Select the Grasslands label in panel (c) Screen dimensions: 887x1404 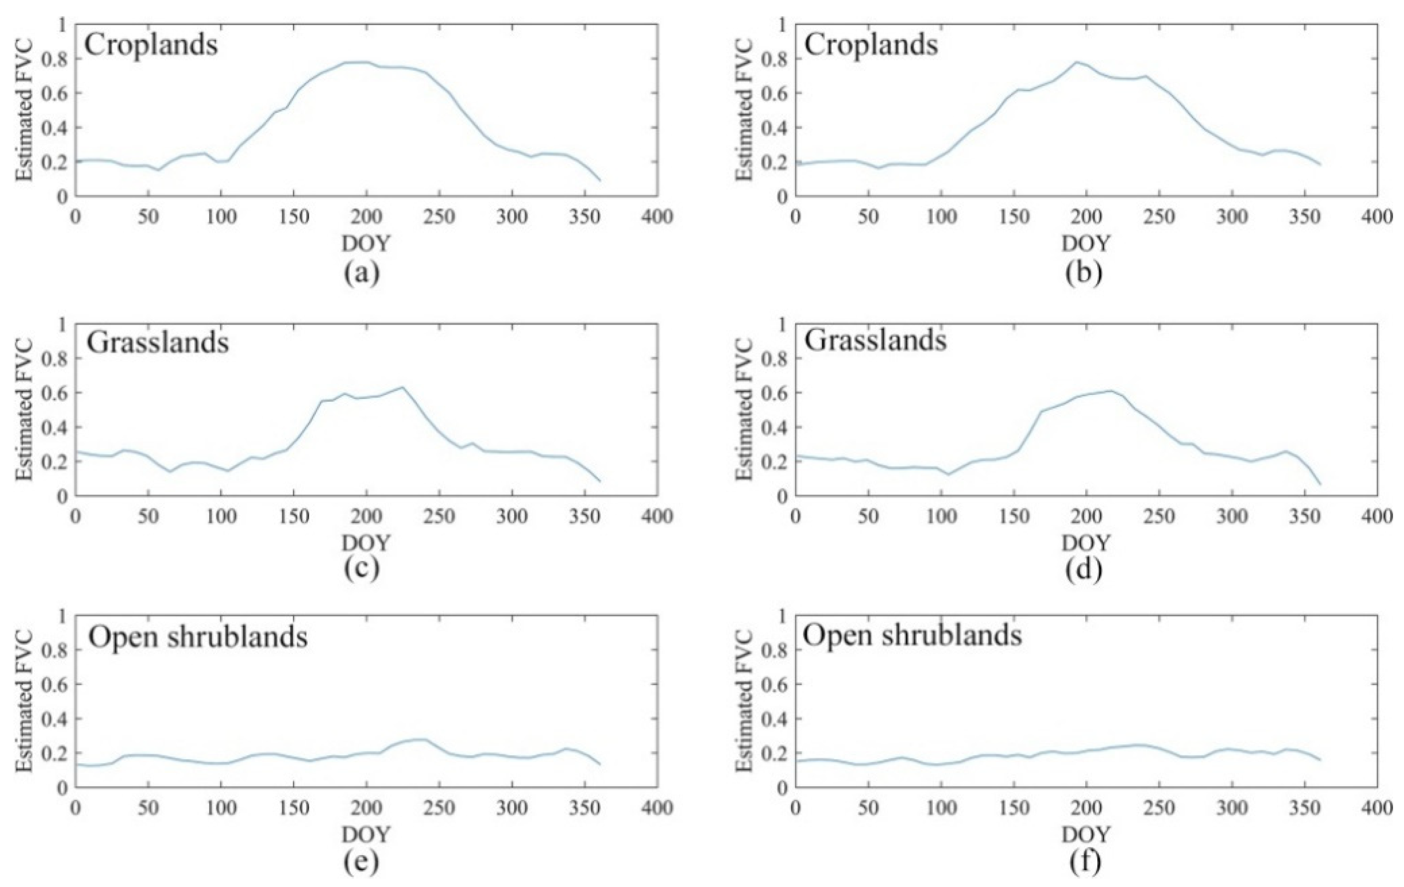[158, 343]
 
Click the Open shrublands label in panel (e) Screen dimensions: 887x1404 [198, 638]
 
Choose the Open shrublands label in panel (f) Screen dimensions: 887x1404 [912, 635]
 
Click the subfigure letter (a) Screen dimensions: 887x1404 [362, 272]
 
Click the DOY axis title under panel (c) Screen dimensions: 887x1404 [366, 543]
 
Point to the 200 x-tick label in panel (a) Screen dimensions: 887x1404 [366, 217]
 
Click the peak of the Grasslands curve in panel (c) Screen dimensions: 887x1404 [401, 387]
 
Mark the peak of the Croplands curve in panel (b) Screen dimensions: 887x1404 [1076, 62]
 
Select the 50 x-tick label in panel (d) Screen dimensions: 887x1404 [868, 517]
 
